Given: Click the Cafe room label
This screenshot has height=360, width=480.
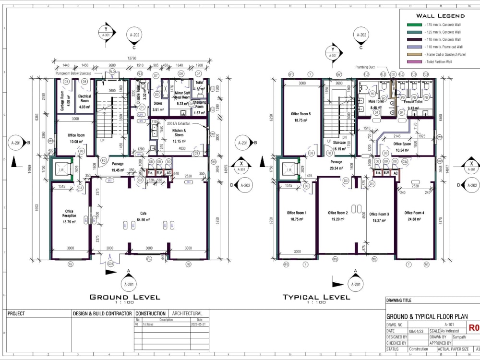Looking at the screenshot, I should [143, 213].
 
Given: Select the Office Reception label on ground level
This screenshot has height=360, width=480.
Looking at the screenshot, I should [70, 214].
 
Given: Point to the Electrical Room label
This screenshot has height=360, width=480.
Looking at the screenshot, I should [84, 98].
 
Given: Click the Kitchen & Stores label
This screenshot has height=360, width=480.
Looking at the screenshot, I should [179, 132].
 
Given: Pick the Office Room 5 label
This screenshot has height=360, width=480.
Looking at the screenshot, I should [301, 114].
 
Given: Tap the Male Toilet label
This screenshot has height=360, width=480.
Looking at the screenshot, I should [375, 102].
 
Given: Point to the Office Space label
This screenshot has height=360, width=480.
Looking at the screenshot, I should [402, 144].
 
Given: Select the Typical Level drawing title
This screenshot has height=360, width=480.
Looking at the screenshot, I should [316, 297].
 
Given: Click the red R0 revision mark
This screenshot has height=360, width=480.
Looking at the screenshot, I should [474, 328].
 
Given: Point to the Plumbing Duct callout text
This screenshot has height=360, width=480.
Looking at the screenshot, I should [365, 67].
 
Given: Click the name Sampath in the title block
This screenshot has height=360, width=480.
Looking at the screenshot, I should [460, 337].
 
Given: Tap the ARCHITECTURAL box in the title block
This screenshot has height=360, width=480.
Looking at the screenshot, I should [187, 313].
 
